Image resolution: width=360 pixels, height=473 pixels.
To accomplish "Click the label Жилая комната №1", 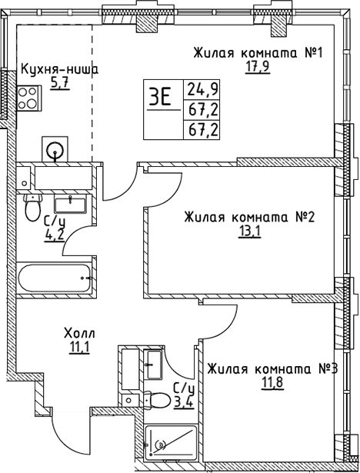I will click(261, 53).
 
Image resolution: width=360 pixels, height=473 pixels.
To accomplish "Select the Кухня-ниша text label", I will click(59, 68).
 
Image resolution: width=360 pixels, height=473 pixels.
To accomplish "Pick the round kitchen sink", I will click(55, 149).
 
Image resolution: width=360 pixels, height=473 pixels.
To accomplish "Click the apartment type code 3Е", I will click(160, 98).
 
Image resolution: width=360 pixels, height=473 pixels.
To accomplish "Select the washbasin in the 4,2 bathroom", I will click(77, 205).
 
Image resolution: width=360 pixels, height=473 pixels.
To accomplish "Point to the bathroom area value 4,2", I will click(54, 232).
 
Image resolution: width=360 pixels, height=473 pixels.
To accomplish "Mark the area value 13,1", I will click(249, 232).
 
